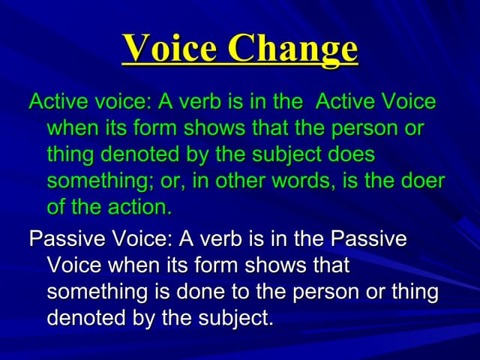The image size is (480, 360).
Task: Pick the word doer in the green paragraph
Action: (x=420, y=181)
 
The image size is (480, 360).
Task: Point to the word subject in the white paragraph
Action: (x=235, y=318)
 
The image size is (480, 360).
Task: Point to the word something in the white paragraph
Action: (x=98, y=292)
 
